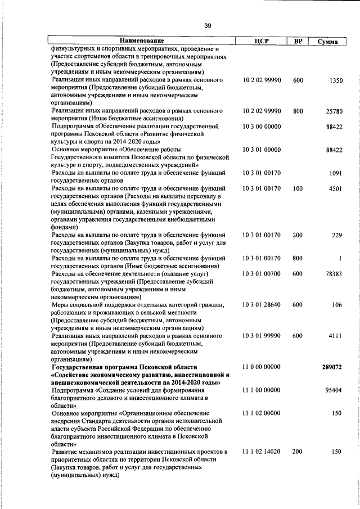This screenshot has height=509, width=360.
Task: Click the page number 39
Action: [208, 26]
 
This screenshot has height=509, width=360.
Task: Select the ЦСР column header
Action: [262, 41]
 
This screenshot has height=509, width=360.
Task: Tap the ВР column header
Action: [298, 41]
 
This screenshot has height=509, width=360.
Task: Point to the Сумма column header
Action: [327, 42]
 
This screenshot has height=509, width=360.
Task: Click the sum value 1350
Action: [335, 81]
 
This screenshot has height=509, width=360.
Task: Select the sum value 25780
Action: [334, 111]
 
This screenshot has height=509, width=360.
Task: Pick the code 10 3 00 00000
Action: [262, 127]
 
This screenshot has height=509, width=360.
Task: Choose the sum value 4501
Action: [335, 188]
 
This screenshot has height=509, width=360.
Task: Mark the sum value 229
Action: [337, 235]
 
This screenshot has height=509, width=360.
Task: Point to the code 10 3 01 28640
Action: [262, 305]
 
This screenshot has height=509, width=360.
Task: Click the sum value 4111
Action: [335, 336]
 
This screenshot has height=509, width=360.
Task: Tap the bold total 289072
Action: [332, 367]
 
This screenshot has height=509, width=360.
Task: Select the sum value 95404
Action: [334, 390]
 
